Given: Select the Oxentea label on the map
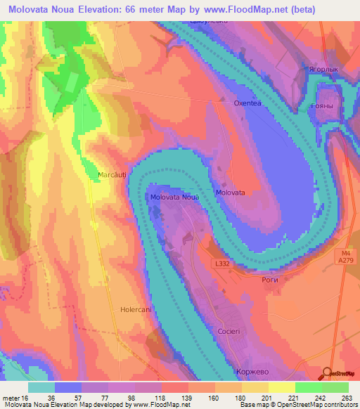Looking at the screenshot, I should coord(247,103).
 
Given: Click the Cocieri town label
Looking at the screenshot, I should coord(229,330).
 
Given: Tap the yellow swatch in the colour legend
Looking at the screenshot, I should coord(282,387).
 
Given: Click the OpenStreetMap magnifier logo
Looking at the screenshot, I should coord(328,373).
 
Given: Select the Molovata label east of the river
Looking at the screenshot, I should coord(230,192).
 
